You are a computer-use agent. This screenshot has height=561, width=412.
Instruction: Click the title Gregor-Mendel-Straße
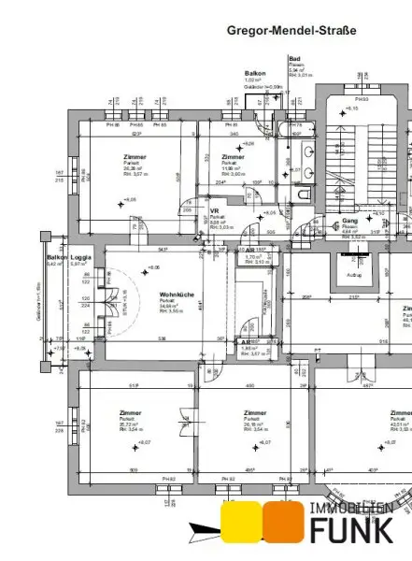(291, 30)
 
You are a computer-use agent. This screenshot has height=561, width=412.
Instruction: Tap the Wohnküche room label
(176, 295)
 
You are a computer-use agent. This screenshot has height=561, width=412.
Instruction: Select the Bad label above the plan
(295, 57)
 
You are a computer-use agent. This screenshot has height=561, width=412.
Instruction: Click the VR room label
(214, 211)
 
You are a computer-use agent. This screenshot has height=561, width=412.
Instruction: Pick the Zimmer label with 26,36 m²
(135, 157)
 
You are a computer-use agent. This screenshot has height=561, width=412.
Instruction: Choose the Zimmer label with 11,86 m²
(233, 157)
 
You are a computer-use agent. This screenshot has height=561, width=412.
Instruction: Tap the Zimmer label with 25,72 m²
(131, 412)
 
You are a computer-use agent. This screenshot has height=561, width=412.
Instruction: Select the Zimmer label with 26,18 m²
(254, 412)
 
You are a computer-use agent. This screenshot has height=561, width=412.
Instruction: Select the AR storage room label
(245, 342)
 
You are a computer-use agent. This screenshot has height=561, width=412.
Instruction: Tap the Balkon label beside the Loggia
(57, 256)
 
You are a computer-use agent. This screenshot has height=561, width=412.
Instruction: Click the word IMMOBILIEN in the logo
(350, 509)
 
